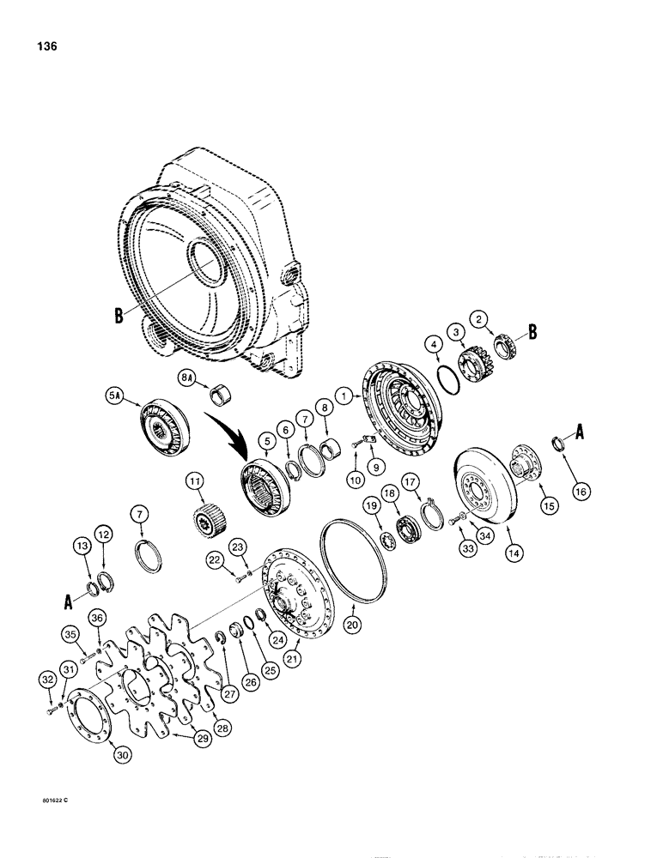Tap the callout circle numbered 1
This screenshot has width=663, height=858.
[344, 396]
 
